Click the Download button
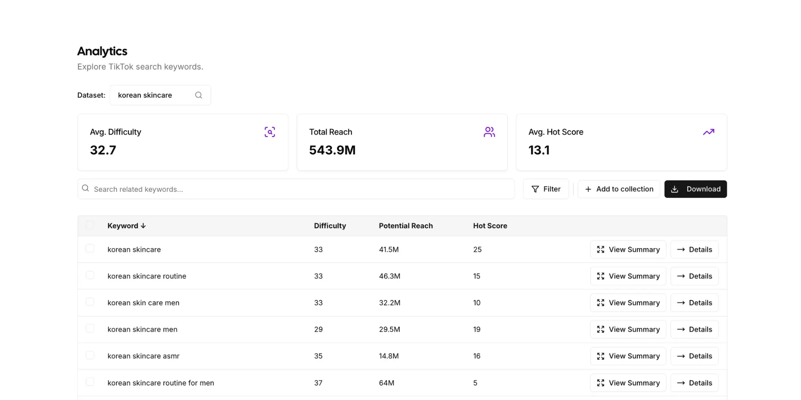coord(695,189)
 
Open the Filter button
coord(545,189)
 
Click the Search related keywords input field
coord(296,189)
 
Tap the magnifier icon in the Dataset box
coord(199,95)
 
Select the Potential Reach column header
coord(406,226)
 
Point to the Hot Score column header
coord(490,226)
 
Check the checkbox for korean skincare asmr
coord(90,355)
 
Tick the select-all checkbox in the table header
coord(90,225)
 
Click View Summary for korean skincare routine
coord(628,276)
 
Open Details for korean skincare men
coord(694,329)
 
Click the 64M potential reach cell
coord(386,383)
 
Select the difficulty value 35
coord(318,356)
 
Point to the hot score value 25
coord(477,250)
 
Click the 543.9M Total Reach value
coord(332,150)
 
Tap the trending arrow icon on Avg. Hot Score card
coord(708,132)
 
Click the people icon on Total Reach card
coord(489,132)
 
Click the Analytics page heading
coord(102,51)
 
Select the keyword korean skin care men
coord(143,303)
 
